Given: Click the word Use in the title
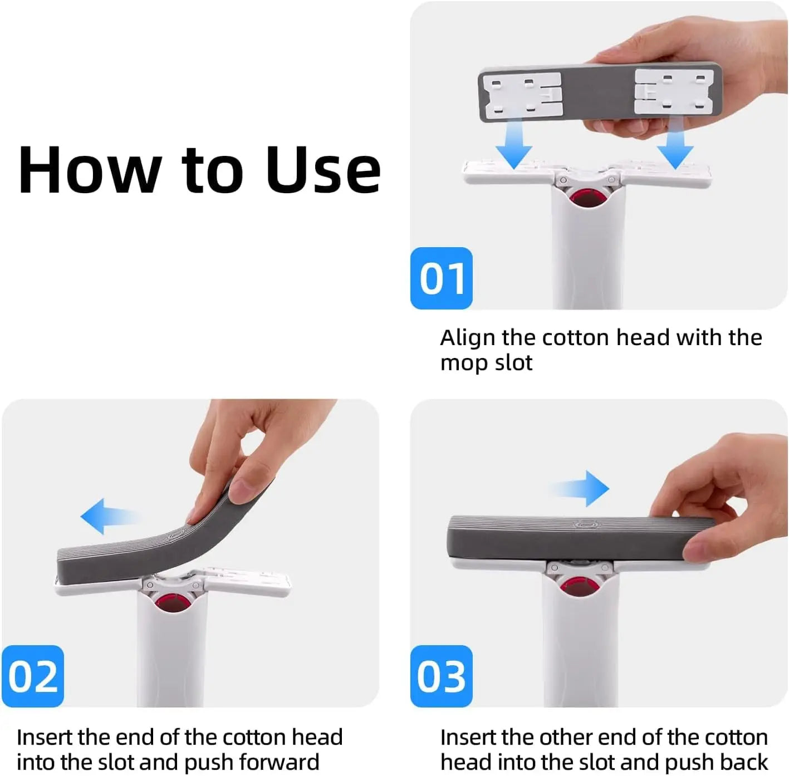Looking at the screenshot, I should (323, 170).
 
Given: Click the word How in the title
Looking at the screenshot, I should (89, 170).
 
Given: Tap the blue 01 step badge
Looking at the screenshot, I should (442, 278).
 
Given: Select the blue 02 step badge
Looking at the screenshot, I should (33, 676).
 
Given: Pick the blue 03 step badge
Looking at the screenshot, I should (442, 676).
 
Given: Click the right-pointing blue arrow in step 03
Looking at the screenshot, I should (582, 489).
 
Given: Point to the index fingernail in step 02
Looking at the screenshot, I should (242, 490).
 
